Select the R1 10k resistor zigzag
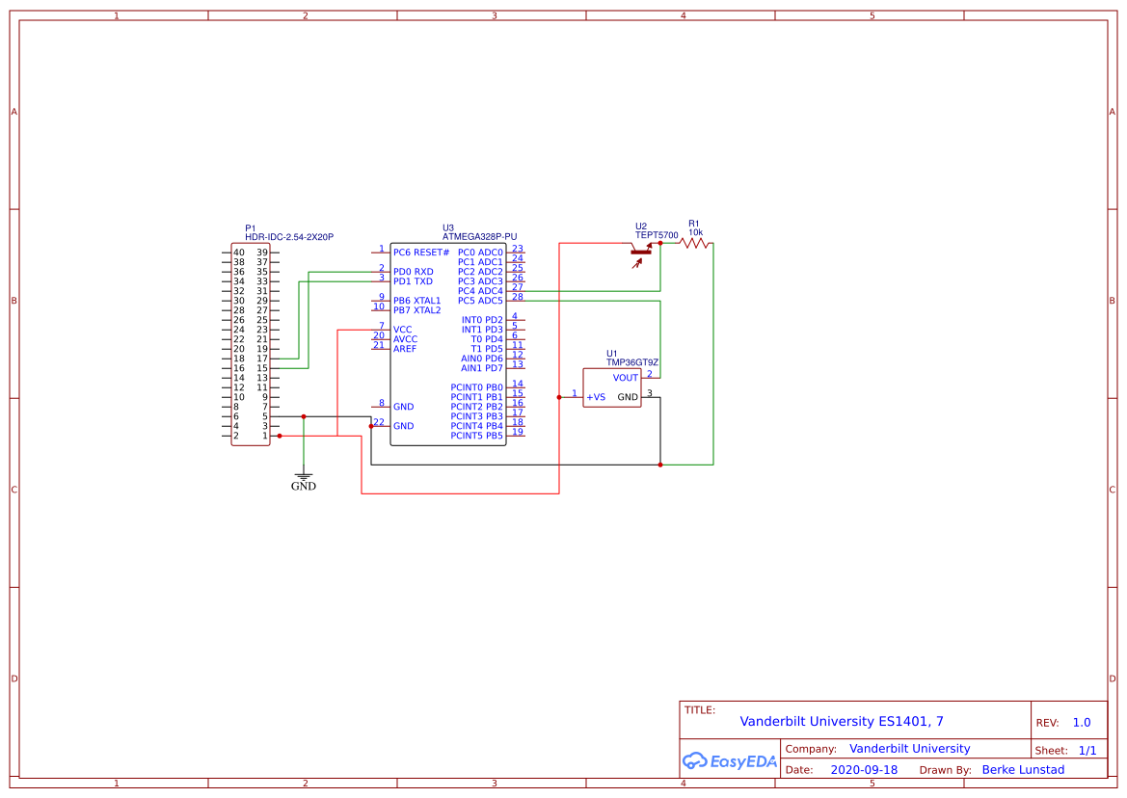(695, 244)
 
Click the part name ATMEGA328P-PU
(479, 236)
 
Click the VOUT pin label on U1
(626, 378)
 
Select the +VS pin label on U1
(596, 397)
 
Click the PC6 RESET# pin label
(421, 253)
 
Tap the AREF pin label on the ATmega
(405, 349)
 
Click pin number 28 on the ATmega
(518, 297)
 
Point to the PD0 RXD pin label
(414, 272)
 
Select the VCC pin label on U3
(402, 330)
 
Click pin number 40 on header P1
(238, 253)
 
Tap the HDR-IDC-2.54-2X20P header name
(289, 237)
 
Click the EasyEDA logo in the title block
(730, 760)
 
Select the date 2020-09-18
(864, 770)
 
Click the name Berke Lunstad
(1023, 770)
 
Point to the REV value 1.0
(1082, 723)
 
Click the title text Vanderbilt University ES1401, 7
(842, 722)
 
